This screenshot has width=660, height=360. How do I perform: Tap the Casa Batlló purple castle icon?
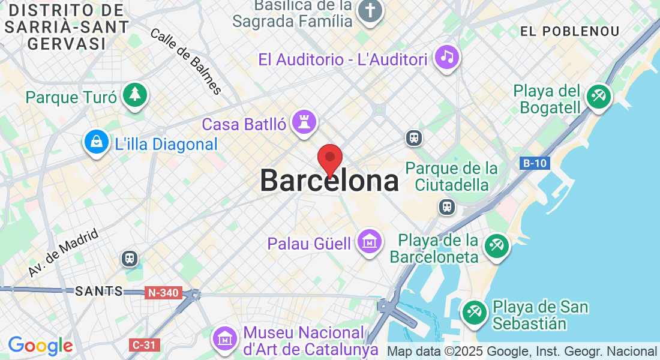(304, 122)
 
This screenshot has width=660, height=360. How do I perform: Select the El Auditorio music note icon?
(446, 57)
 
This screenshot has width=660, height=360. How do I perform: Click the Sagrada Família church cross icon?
(370, 11)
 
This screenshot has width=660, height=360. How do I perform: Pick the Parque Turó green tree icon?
(136, 95)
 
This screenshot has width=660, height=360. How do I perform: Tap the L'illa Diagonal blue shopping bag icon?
(97, 142)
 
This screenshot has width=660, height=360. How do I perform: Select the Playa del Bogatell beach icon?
(598, 96)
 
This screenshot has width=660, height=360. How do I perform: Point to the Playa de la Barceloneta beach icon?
(497, 245)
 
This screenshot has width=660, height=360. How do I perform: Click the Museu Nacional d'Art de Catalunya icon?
(225, 338)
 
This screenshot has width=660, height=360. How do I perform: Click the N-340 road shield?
(163, 293)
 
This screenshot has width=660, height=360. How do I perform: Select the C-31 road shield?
(143, 345)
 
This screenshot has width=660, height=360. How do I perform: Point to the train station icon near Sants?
(130, 259)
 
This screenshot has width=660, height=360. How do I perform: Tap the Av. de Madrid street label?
(62, 254)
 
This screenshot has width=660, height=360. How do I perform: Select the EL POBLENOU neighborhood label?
(569, 31)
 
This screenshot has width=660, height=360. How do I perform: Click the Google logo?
(40, 346)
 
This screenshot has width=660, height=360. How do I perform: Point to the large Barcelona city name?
(329, 181)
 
